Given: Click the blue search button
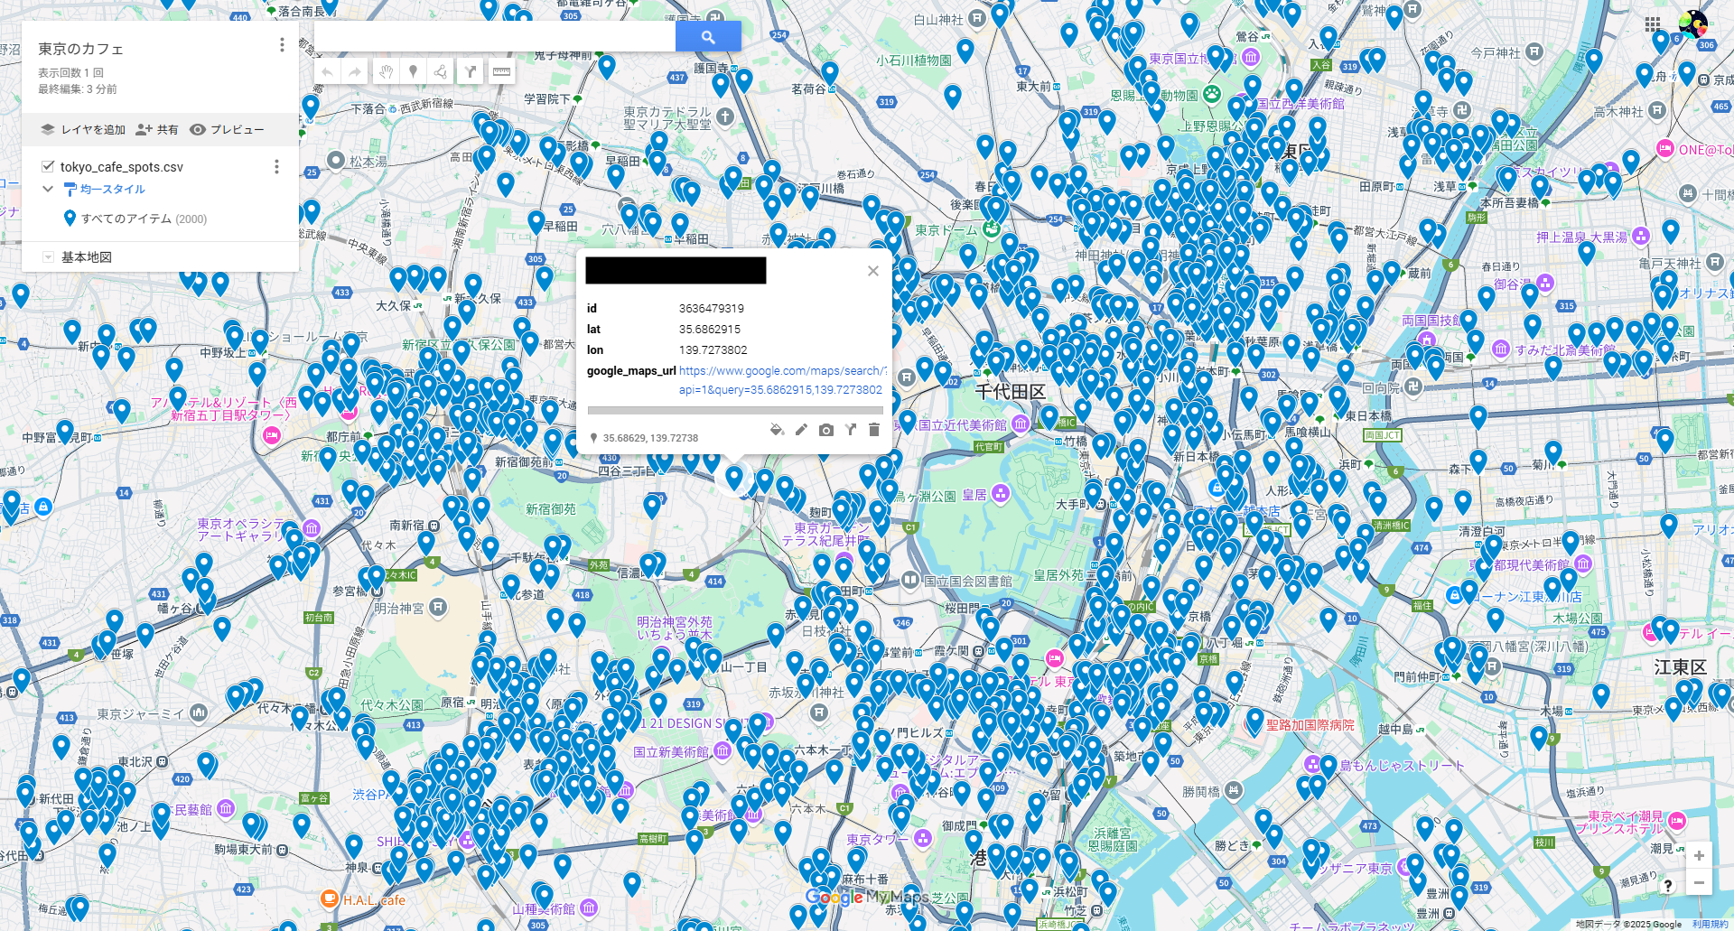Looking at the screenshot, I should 708,37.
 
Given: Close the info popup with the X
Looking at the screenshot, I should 872,271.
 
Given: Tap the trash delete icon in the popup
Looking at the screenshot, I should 873,430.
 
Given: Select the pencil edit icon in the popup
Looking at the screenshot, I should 801,430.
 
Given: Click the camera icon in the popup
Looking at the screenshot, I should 825,430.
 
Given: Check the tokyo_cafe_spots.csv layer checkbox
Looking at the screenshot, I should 48,166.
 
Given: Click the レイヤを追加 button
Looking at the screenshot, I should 83,130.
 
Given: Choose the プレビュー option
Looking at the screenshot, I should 227,130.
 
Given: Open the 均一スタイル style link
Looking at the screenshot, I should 112,190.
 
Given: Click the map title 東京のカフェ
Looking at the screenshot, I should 80,49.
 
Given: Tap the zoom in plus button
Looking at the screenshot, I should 1699,855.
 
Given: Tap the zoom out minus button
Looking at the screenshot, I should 1699,882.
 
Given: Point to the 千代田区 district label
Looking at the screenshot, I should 1011,392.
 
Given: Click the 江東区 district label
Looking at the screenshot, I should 1680,667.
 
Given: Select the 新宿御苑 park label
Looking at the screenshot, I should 551,509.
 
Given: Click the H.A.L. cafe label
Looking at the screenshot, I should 373,900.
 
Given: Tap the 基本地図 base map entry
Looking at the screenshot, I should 87,257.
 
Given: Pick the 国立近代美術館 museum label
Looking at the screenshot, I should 962,425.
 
